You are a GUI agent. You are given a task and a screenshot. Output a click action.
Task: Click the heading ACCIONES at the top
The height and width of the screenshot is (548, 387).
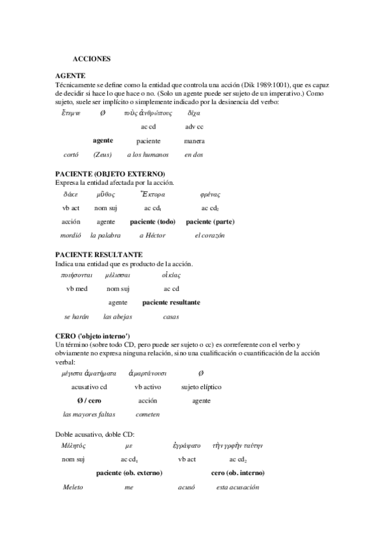coord(92,59)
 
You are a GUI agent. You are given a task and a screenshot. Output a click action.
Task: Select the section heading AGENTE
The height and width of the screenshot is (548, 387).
coord(71,76)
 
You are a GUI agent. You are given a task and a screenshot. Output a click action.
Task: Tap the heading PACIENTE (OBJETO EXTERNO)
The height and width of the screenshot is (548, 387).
coord(110,174)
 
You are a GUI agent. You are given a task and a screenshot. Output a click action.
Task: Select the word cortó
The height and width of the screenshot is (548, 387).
coord(71,155)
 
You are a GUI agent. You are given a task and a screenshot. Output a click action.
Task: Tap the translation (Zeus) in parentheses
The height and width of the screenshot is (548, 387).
coord(103,155)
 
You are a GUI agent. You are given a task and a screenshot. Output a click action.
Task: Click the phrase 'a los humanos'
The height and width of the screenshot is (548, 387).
coord(148,155)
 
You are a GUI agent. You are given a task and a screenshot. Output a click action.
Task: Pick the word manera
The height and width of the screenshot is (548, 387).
coord(194,141)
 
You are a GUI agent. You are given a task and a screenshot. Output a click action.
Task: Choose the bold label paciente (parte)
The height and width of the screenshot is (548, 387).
coord(210,222)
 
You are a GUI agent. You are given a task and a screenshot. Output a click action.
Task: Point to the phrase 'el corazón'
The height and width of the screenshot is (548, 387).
coord(210,236)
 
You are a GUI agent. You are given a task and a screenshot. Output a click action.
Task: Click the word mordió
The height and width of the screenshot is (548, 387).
coord(70,236)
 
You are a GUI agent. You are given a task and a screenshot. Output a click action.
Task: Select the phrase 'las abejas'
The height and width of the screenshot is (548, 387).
coord(118,317)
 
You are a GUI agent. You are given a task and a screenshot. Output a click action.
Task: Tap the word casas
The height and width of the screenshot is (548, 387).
coord(171,317)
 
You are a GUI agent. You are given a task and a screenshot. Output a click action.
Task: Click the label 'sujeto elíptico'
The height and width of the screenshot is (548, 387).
coord(201,387)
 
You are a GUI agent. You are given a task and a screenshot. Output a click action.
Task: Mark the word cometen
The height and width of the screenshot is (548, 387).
coord(148,415)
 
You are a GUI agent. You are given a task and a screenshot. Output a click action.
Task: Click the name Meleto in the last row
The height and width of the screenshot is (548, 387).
coord(73,487)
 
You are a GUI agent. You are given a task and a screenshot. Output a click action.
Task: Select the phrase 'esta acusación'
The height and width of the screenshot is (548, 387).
coord(237,487)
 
